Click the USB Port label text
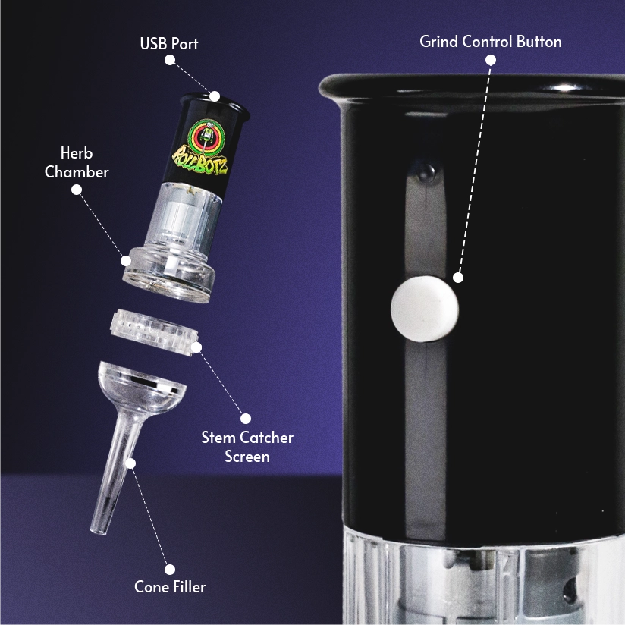coord(169,44)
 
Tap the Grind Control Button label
coord(491,42)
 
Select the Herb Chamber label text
coord(77,162)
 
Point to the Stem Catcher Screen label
coord(247,447)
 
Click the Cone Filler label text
coord(170,587)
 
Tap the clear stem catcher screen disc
coord(154,331)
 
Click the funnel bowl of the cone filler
coord(142,388)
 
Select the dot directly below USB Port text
coord(170,60)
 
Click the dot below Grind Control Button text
coord(491,60)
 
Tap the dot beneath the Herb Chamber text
coord(77,190)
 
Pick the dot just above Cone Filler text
coord(170,569)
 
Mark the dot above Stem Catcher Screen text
coord(246,419)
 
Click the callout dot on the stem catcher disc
coord(196,347)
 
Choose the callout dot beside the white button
coord(458,278)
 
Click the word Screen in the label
coord(247,457)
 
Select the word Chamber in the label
coord(77,172)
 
